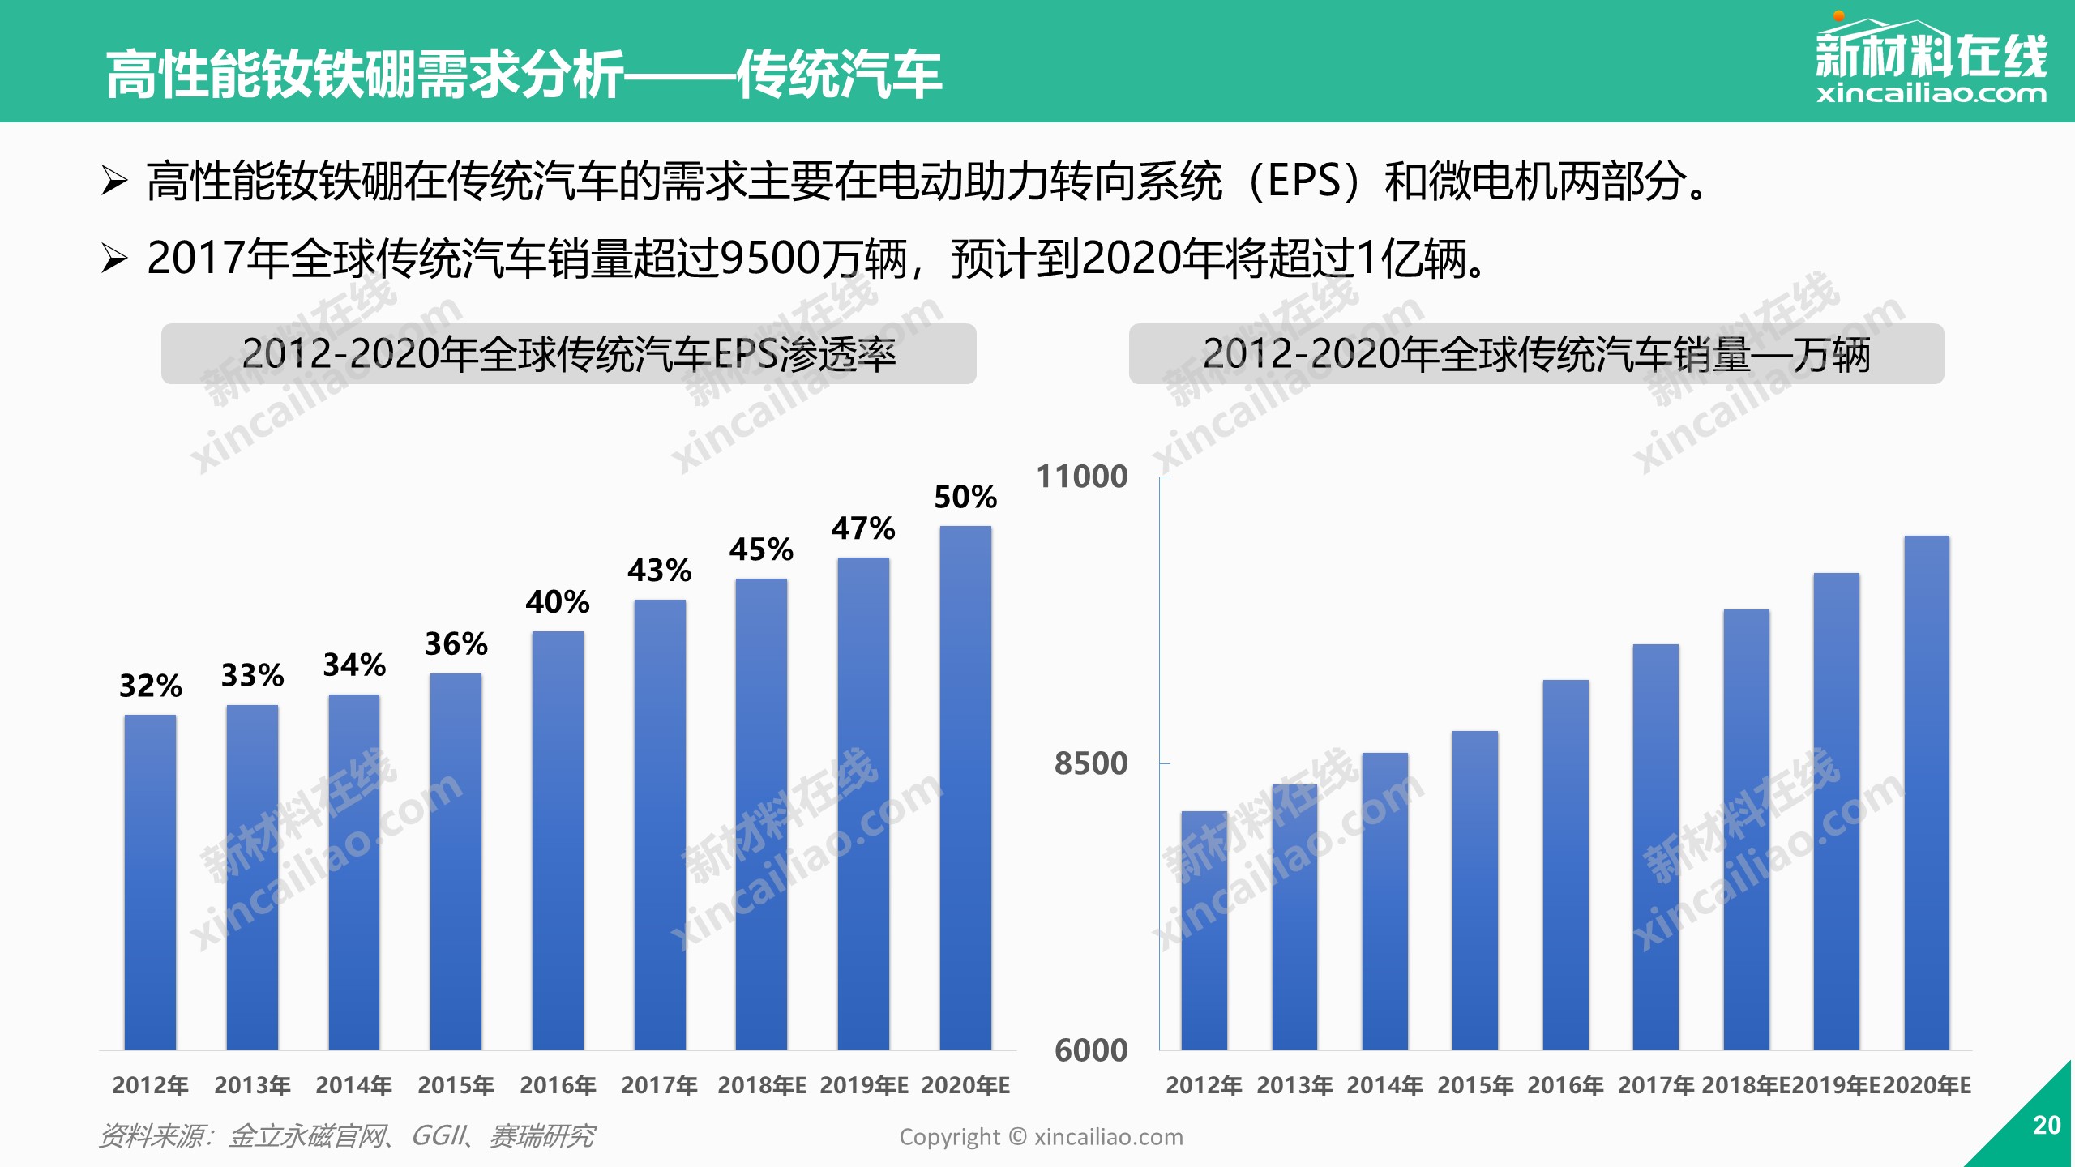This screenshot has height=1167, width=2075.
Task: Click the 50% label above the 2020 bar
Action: (965, 497)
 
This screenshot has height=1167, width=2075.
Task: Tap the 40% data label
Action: (557, 602)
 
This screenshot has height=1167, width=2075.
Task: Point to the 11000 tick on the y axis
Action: (1082, 477)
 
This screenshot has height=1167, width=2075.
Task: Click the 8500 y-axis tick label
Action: (1090, 763)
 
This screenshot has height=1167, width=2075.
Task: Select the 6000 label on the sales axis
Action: (1090, 1050)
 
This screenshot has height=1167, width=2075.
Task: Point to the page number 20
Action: (2046, 1125)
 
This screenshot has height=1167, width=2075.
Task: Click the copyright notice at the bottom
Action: (1041, 1137)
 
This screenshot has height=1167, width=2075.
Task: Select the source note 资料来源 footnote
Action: (347, 1136)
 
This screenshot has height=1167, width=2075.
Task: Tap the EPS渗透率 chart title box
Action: (568, 354)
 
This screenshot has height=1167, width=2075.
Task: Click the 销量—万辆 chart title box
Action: (1536, 354)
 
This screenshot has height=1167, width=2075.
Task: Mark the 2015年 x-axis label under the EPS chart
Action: (456, 1085)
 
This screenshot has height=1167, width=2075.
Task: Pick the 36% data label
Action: (456, 644)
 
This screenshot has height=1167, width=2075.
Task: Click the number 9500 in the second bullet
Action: (770, 259)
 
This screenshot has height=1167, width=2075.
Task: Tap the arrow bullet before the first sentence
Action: (114, 180)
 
